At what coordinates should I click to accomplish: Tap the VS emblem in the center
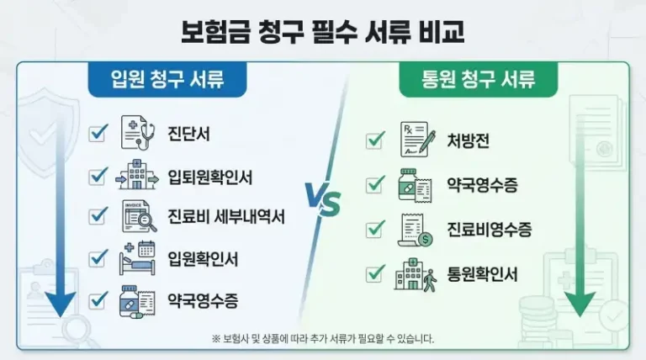pyautogui.click(x=323, y=203)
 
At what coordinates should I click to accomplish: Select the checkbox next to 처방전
pyautogui.click(x=375, y=140)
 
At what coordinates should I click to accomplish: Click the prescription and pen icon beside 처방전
pyautogui.click(x=417, y=140)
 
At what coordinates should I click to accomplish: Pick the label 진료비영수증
pyautogui.click(x=490, y=229)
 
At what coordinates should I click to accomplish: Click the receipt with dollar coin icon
pyautogui.click(x=417, y=230)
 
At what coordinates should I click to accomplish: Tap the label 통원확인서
pyautogui.click(x=483, y=274)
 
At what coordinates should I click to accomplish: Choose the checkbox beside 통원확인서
pyautogui.click(x=375, y=274)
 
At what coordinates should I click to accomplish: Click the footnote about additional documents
pyautogui.click(x=323, y=339)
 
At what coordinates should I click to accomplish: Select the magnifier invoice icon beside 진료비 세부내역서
pyautogui.click(x=139, y=216)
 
